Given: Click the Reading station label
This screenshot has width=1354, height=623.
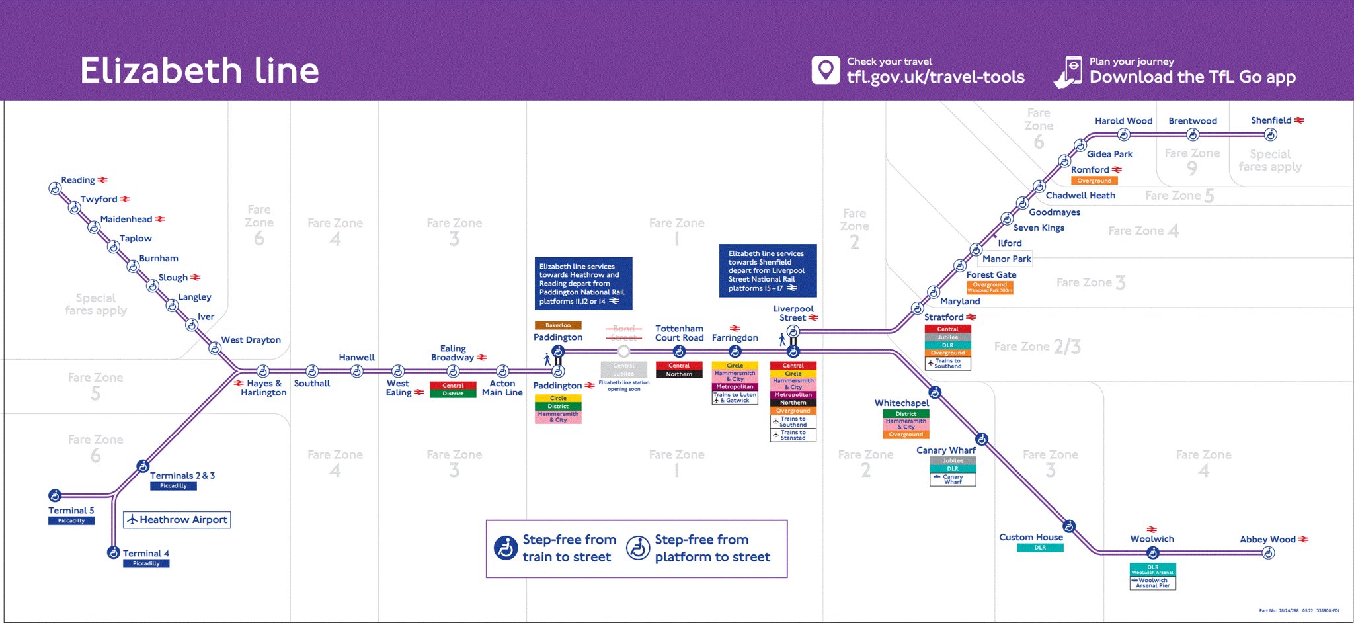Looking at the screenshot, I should tap(78, 180).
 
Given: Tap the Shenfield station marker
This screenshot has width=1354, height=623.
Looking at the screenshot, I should tap(1270, 135).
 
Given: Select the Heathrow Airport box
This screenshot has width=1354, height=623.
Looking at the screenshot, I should tap(177, 520).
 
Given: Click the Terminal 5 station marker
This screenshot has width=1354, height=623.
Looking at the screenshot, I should tap(55, 495).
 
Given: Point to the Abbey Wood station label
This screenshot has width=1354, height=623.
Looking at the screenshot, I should tap(1267, 539).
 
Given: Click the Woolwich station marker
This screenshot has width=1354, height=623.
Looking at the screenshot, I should tap(1152, 553).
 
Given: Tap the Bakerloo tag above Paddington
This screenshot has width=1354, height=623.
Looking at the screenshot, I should tap(558, 325).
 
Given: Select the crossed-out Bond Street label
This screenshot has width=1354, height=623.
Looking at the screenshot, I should tap(623, 333).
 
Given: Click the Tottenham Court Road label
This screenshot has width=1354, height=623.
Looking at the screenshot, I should tap(679, 333).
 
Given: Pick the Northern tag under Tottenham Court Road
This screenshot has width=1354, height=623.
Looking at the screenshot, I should tap(679, 374).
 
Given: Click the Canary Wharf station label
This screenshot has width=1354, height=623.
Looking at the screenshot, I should tap(945, 450).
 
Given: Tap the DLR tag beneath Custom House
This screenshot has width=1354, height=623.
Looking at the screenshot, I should tap(1040, 548).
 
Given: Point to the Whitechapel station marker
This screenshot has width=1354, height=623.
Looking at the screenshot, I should tap(934, 394).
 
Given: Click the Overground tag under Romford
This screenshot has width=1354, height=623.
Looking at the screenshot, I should tap(1094, 181).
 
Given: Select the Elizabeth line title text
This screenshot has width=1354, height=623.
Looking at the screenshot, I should tap(200, 71).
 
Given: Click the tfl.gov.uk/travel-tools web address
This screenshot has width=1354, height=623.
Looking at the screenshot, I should tap(936, 77).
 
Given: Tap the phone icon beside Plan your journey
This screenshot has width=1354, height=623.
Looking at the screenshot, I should tap(1069, 71).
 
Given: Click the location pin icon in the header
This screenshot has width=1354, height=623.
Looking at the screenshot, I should tap(825, 70).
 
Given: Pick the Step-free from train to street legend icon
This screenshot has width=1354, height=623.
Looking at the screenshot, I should tap(506, 548).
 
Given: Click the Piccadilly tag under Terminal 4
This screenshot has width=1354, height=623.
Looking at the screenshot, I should tap(146, 563).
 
